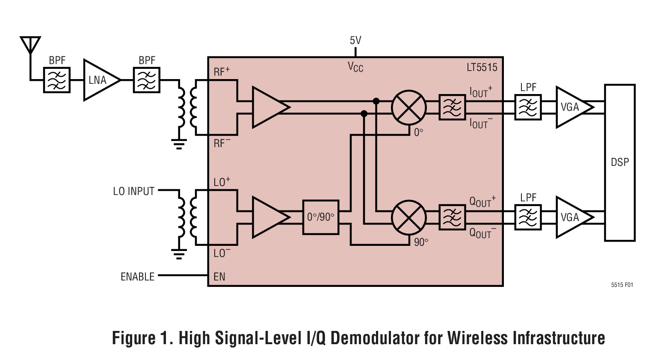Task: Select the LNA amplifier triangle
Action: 99,80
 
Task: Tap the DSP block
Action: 619,162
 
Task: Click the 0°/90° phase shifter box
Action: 320,217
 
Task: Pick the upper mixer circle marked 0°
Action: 409,107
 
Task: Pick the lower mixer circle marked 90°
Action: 409,217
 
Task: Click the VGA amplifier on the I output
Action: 572,107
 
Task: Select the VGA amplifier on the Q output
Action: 572,217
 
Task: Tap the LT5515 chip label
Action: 482,68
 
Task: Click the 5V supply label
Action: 355,41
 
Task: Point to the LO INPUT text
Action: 133,191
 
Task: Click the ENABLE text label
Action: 137,277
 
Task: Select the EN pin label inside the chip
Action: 219,277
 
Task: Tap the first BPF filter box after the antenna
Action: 57,80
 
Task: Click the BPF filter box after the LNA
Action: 147,80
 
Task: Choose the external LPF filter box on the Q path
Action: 528,217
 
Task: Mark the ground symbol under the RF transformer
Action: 179,144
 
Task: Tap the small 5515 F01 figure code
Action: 622,285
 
